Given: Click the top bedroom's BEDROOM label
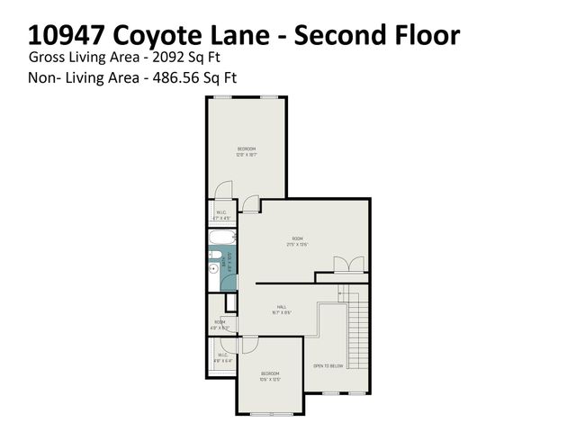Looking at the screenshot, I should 247,148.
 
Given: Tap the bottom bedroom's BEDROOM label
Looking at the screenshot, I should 270,373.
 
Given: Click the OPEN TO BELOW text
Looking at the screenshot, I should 329,365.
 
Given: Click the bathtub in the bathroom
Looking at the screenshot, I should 221,239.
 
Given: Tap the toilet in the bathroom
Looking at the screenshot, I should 214,267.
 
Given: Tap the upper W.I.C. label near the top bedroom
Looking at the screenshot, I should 220,214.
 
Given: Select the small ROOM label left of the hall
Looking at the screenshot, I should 219,321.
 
